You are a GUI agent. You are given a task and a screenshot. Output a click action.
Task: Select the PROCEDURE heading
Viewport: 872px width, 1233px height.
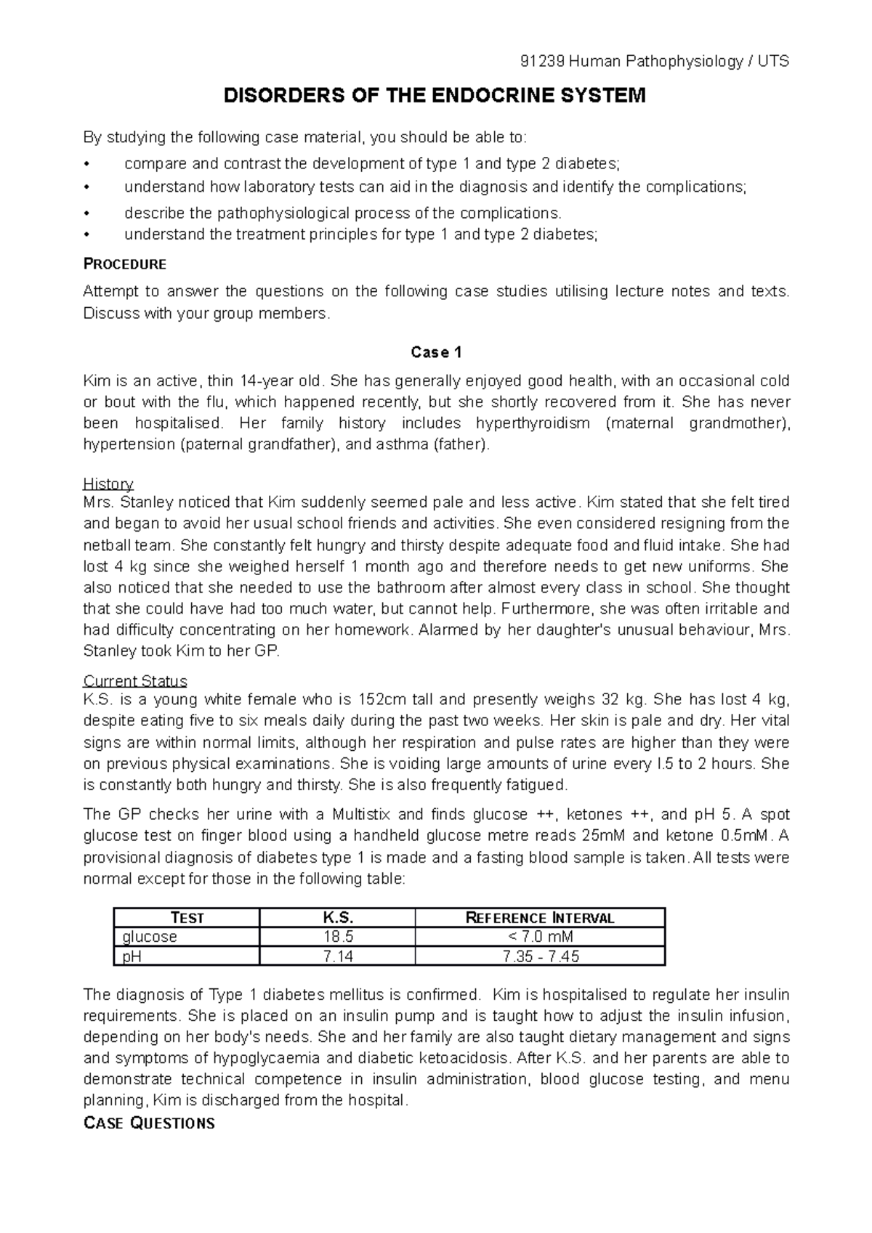[x=125, y=264]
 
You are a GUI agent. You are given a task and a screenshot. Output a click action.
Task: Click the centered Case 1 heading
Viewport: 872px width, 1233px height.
[x=436, y=353]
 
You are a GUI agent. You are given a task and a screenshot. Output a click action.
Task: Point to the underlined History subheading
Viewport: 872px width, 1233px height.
[x=108, y=484]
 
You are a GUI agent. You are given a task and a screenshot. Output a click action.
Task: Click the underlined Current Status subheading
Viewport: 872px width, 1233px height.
[x=135, y=681]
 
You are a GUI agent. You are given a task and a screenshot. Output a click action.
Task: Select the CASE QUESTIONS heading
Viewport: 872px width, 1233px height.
[x=149, y=1123]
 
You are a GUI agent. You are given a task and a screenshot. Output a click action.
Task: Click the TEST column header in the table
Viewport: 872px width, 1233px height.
[x=187, y=918]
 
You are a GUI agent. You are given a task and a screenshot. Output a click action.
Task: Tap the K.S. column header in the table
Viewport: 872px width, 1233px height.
[x=337, y=918]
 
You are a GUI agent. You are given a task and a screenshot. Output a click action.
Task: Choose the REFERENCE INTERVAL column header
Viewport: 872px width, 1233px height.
[x=540, y=918]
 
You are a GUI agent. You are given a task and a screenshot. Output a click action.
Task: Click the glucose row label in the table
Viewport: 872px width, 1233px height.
[x=150, y=937]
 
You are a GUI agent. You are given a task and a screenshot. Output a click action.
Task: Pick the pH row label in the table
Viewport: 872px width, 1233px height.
[x=132, y=956]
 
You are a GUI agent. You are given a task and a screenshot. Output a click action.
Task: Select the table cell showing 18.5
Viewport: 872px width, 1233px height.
[x=337, y=937]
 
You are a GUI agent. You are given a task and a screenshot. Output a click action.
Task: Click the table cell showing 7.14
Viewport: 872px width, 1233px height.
[x=337, y=956]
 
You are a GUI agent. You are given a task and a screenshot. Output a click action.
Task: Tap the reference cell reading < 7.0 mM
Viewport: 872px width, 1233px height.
[x=540, y=937]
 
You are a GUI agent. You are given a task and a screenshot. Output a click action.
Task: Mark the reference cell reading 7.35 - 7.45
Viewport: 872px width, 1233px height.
[x=540, y=956]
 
